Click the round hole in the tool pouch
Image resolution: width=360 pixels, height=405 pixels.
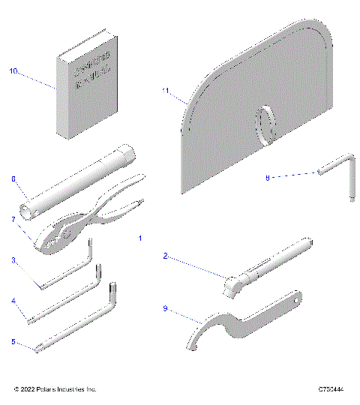[267, 122]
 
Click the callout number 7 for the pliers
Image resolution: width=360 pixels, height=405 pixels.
[13, 219]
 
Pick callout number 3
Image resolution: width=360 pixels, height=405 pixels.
[13, 259]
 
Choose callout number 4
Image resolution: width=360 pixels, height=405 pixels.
[13, 301]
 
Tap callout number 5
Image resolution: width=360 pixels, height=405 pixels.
[13, 341]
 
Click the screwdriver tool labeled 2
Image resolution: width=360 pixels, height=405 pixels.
[266, 268]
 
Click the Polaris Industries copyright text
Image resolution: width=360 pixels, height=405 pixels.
[55, 389]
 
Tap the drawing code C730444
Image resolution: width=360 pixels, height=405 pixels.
[331, 389]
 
